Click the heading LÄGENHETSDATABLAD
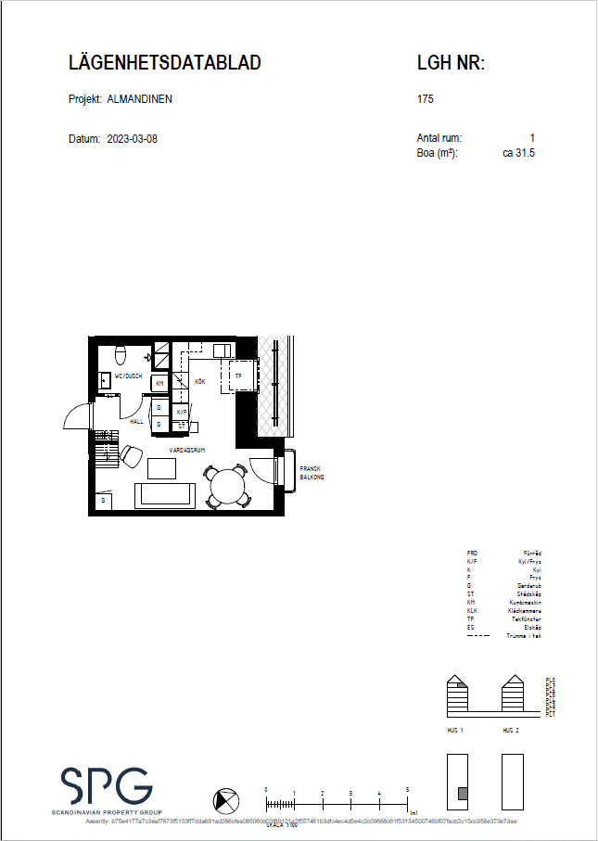coord(165,63)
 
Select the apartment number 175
coord(426,99)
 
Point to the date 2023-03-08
coord(132,139)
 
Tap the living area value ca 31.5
coord(518,153)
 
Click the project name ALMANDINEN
coord(140,99)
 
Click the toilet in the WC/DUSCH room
coord(120,355)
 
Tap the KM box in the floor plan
coord(159,383)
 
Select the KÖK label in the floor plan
coord(199,381)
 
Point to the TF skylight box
coord(238,376)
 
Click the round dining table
coord(226,484)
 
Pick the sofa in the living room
coord(165,495)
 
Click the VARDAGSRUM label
coord(186,450)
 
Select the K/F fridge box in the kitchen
coord(182,411)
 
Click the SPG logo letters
coord(107,786)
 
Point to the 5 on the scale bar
coord(407,789)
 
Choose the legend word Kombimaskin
coord(525,602)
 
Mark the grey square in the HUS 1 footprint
coord(461,793)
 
